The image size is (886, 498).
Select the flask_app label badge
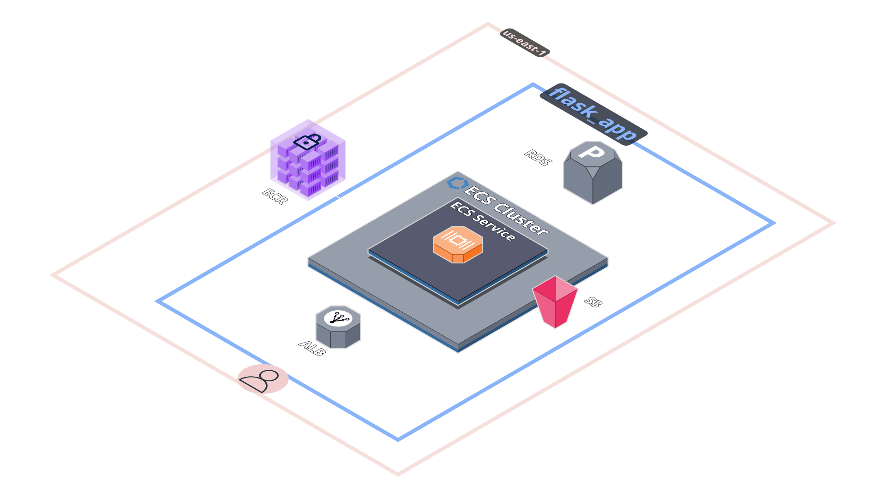[593, 114]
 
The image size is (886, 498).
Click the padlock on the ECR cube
[307, 142]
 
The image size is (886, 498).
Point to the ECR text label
[275, 196]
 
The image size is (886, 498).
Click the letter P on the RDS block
[592, 151]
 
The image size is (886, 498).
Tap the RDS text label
[538, 158]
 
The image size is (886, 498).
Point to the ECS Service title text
[483, 221]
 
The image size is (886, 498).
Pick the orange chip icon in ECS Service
[458, 244]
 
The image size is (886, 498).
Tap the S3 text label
[593, 302]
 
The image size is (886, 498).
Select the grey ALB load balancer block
[338, 327]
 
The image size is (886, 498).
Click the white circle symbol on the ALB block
[338, 318]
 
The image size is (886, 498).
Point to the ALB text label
[312, 348]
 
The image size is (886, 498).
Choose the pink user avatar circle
[263, 379]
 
